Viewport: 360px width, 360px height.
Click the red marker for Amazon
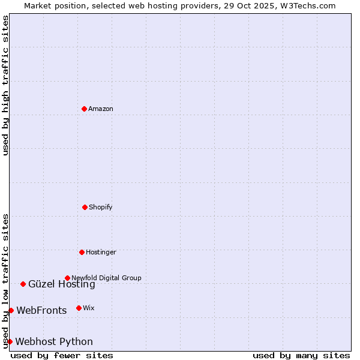[x=85, y=109]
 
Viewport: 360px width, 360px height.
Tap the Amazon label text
[x=101, y=109]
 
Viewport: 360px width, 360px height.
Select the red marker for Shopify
[x=85, y=207]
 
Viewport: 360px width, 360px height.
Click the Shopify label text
[x=101, y=207]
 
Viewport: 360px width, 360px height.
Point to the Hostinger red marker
[x=82, y=252]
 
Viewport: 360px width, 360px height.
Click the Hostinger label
[x=101, y=252]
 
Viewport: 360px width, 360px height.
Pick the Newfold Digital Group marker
[x=67, y=278]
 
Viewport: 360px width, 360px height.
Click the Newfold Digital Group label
[x=106, y=278]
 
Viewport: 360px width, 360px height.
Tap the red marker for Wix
[x=79, y=308]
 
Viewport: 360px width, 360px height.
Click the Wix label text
[x=89, y=308]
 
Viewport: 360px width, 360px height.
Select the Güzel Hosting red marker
[x=23, y=284]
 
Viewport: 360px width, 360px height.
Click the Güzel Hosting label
[x=61, y=284]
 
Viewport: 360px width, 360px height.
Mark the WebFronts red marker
[x=11, y=310]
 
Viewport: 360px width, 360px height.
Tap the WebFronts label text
[x=41, y=311]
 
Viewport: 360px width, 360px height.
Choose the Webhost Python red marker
[x=10, y=341]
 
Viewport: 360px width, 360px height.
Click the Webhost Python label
[x=54, y=342]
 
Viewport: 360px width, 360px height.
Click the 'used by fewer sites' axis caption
[x=62, y=355]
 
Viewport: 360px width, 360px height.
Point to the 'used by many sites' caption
[x=301, y=355]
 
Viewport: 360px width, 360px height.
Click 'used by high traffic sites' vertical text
[x=5, y=85]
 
